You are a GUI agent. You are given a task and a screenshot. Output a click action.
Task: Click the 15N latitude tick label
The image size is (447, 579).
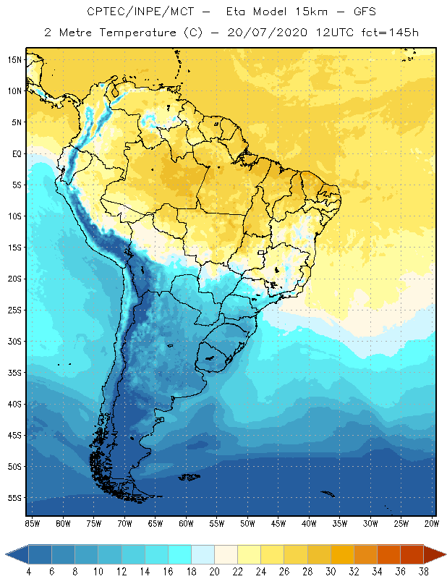[x=15, y=59]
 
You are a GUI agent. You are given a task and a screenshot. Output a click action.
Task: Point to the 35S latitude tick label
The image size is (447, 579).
[x=15, y=373]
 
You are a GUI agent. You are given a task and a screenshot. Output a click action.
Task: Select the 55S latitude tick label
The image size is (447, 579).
[x=15, y=498]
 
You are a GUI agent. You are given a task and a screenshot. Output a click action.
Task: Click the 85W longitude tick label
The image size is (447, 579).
[x=33, y=523]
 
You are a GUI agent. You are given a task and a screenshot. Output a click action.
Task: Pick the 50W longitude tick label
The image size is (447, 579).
[x=247, y=523]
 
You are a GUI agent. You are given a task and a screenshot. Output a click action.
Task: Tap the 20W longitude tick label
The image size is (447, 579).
[x=431, y=523]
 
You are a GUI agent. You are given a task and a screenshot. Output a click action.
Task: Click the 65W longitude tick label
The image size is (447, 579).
[x=156, y=523]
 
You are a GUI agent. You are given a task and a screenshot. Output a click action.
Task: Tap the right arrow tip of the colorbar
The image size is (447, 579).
[x=444, y=554]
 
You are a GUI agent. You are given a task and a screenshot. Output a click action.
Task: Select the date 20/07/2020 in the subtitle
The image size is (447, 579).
[x=265, y=33]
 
